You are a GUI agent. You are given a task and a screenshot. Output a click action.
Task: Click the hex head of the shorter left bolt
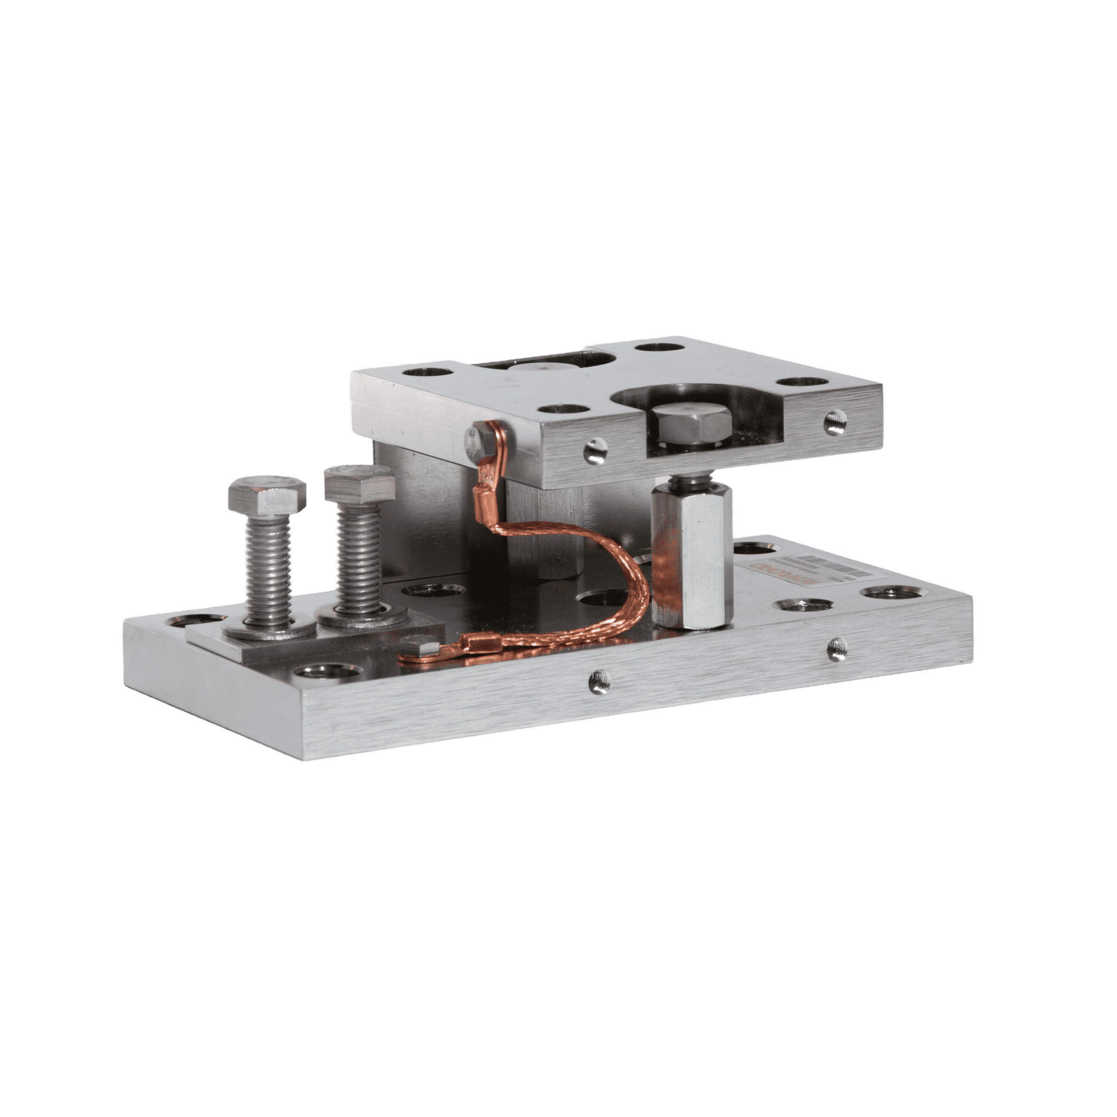tap(266, 494)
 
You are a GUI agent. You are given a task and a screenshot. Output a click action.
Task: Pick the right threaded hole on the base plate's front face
tap(834, 649)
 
